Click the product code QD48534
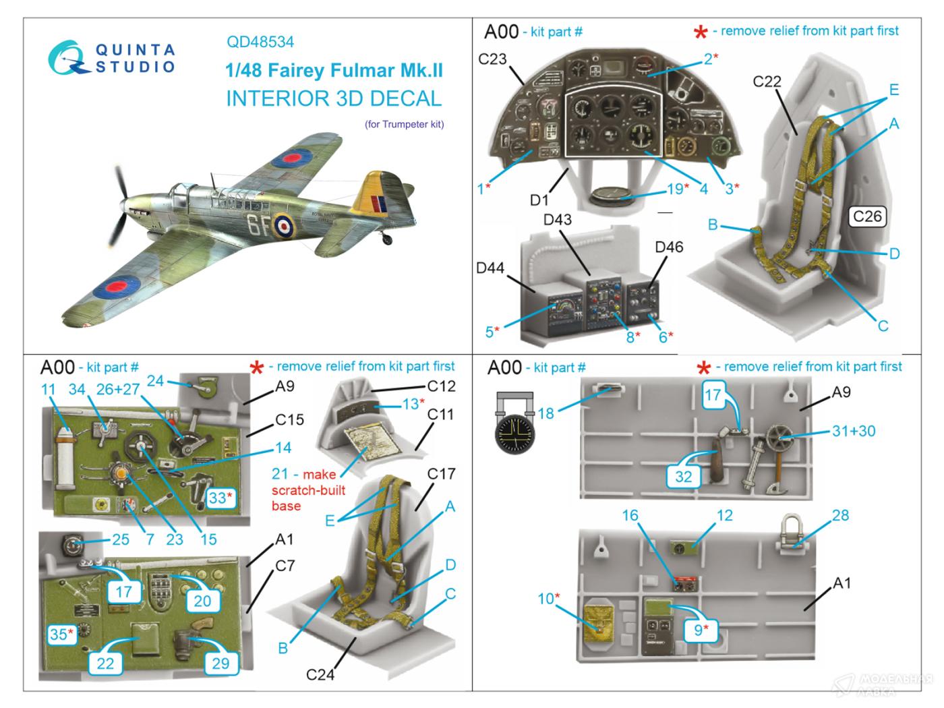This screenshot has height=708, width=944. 260,42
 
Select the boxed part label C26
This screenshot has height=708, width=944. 867,216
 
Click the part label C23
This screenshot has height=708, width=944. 492,59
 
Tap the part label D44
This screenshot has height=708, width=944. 490,268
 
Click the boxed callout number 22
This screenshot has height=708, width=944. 106,663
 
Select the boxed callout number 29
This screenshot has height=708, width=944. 220,663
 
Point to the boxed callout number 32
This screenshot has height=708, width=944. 684,476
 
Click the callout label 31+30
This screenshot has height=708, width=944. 854,431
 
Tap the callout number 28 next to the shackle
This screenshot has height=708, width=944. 840,516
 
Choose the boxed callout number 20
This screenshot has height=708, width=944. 202,600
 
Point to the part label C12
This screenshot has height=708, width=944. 441,386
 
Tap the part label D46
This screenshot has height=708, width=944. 669,247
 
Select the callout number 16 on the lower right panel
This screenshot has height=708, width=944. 630,516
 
